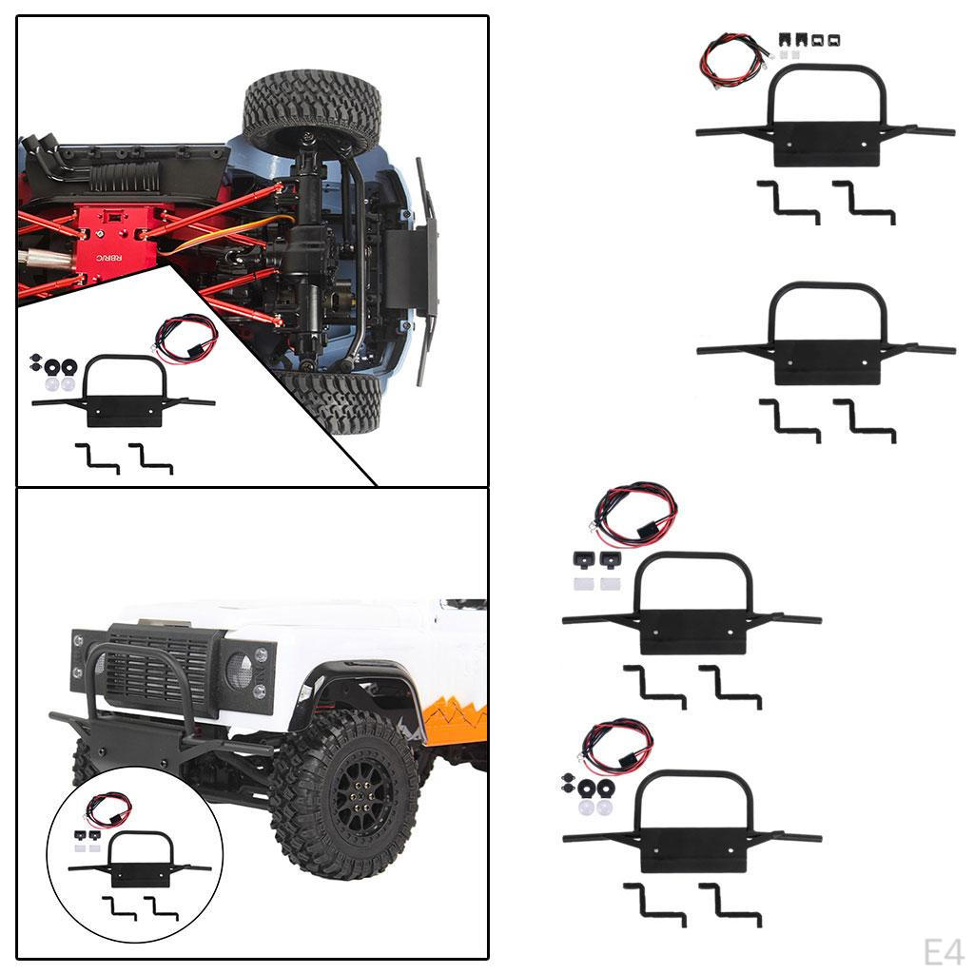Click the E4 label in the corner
pyautogui.click(x=944, y=951)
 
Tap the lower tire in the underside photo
pyautogui.click(x=333, y=401)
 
